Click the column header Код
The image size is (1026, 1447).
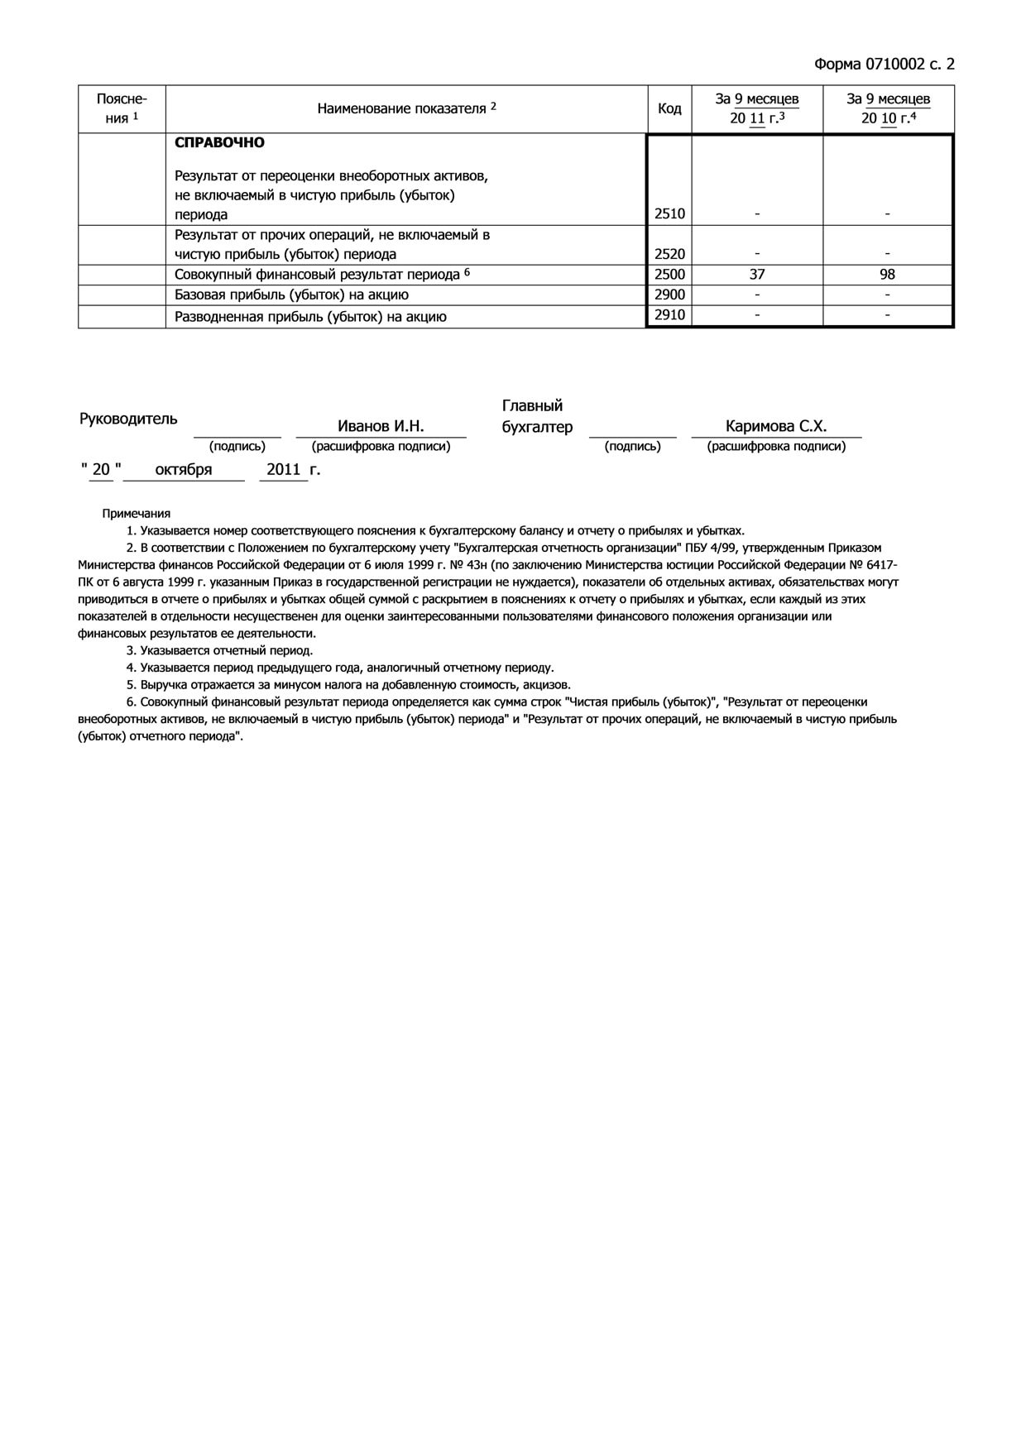pos(669,109)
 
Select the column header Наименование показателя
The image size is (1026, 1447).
pos(406,108)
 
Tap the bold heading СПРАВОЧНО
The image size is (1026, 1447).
pos(219,142)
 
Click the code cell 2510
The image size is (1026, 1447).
pos(669,213)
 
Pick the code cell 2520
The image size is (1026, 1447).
pos(669,254)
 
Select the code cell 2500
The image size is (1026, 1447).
pos(669,275)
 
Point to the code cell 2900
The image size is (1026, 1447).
pos(669,295)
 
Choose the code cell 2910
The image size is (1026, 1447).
pos(669,314)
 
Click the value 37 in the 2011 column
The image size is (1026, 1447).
pos(757,275)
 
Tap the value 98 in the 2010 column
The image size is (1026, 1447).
pos(887,275)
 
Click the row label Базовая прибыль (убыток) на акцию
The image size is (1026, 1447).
pos(291,295)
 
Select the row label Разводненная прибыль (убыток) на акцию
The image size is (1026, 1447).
pos(310,317)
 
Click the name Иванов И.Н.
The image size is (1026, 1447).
pos(381,426)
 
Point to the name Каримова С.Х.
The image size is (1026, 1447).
pos(776,426)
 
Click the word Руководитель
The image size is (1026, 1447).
pos(128,419)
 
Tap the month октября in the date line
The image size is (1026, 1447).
pos(184,469)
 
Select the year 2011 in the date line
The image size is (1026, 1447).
pos(284,469)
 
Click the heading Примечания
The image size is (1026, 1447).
pos(137,513)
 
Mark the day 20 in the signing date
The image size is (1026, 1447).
pos(101,469)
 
